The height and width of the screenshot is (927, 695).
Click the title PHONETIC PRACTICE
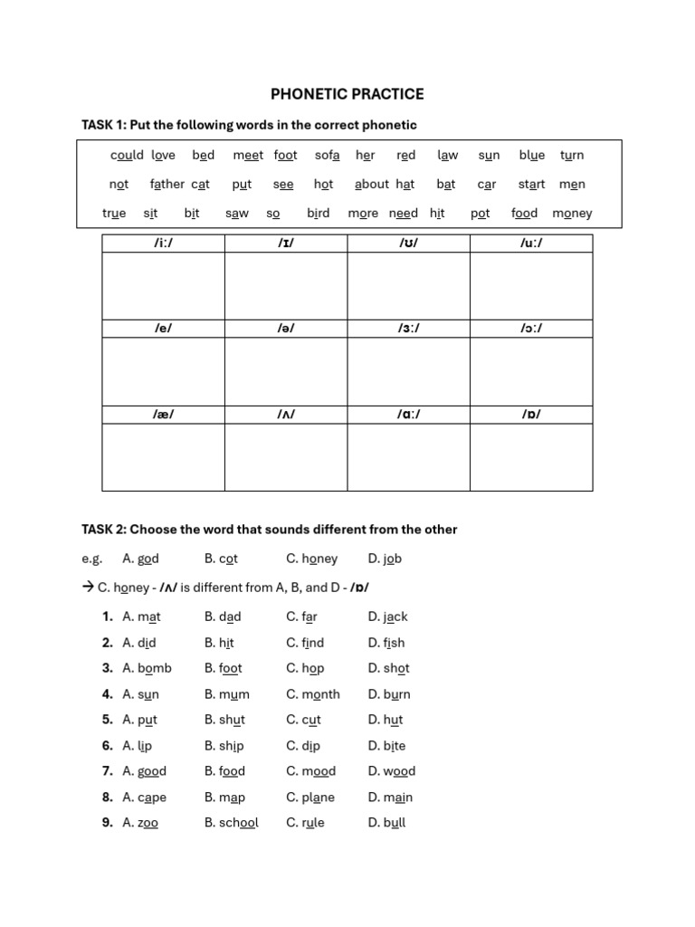pyautogui.click(x=347, y=94)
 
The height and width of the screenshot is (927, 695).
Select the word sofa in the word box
pyautogui.click(x=328, y=155)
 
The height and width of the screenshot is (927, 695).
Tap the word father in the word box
pyautogui.click(x=167, y=184)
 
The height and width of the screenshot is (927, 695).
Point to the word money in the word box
pyautogui.click(x=572, y=213)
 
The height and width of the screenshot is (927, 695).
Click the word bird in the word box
pyautogui.click(x=319, y=213)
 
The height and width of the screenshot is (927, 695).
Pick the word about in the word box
pyautogui.click(x=371, y=184)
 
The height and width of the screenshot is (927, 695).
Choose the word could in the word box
pyautogui.click(x=127, y=155)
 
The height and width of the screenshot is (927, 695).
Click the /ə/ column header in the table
pyautogui.click(x=286, y=329)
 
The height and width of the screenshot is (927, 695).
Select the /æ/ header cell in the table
pyautogui.click(x=163, y=415)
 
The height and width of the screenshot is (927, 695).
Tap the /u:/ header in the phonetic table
pyautogui.click(x=531, y=243)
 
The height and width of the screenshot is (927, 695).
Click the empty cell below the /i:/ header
pyautogui.click(x=163, y=285)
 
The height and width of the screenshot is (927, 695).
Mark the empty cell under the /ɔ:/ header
pyautogui.click(x=531, y=371)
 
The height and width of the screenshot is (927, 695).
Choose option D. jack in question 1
pyautogui.click(x=388, y=616)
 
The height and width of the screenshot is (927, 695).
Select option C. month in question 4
pyautogui.click(x=313, y=694)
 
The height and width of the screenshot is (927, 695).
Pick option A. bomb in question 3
pyautogui.click(x=147, y=668)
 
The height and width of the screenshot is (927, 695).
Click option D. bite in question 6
pyautogui.click(x=387, y=746)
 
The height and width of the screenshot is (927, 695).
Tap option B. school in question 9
pyautogui.click(x=232, y=823)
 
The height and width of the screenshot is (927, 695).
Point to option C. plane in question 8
pyautogui.click(x=310, y=798)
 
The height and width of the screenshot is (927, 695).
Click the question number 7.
pyautogui.click(x=107, y=771)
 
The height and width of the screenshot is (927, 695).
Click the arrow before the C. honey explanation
pyautogui.click(x=88, y=588)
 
